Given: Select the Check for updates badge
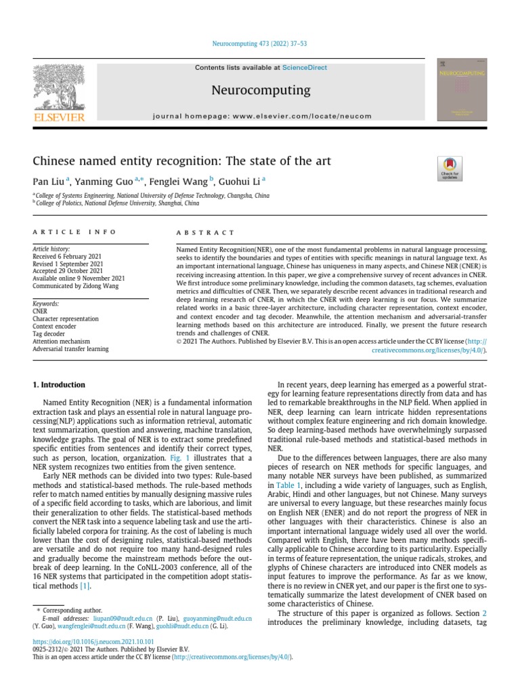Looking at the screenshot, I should (x=450, y=168).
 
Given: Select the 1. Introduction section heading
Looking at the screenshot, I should (x=59, y=384).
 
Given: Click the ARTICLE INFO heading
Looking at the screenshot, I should (x=74, y=232).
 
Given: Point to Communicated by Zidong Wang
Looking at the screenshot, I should (x=75, y=285).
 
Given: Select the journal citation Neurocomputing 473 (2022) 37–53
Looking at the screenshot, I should (x=260, y=44).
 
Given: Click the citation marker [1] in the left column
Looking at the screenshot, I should (x=85, y=586).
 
